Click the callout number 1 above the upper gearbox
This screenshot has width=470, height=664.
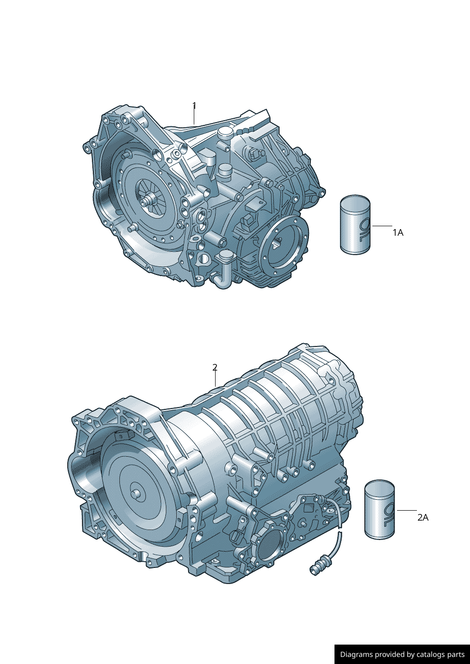click(194, 106)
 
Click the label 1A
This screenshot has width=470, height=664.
click(398, 233)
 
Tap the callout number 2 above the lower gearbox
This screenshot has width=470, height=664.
click(215, 367)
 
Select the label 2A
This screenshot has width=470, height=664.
click(423, 518)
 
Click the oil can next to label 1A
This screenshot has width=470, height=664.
click(355, 224)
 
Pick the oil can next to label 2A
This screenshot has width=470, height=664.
click(380, 509)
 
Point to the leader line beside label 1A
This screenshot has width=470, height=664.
click(382, 226)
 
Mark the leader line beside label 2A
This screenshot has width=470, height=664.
click(407, 511)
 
